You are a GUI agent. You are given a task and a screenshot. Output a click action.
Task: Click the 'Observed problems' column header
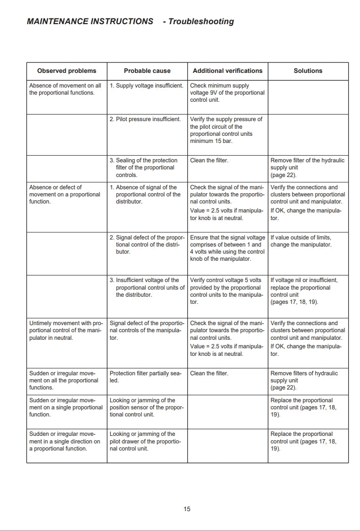pyautogui.click(x=67, y=71)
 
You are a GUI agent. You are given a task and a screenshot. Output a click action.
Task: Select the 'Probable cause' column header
pyautogui.click(x=147, y=71)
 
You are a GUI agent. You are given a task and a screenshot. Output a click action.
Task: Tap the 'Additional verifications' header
pyautogui.click(x=228, y=71)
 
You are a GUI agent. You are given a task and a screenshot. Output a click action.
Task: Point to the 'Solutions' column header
pyautogui.click(x=308, y=71)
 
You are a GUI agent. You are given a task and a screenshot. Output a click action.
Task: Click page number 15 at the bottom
pyautogui.click(x=187, y=509)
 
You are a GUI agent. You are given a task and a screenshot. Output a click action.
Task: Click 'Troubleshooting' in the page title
pyautogui.click(x=201, y=21)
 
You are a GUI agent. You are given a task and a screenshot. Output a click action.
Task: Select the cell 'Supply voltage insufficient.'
pyautogui.click(x=147, y=86)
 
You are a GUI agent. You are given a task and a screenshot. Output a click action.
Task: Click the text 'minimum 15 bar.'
pyautogui.click(x=211, y=141)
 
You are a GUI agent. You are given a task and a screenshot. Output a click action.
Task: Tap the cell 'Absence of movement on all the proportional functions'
pyautogui.click(x=65, y=89)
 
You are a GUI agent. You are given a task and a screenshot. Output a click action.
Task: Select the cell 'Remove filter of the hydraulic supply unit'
pyautogui.click(x=307, y=168)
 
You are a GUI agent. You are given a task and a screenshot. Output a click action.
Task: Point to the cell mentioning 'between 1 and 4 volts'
pyautogui.click(x=228, y=248)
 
